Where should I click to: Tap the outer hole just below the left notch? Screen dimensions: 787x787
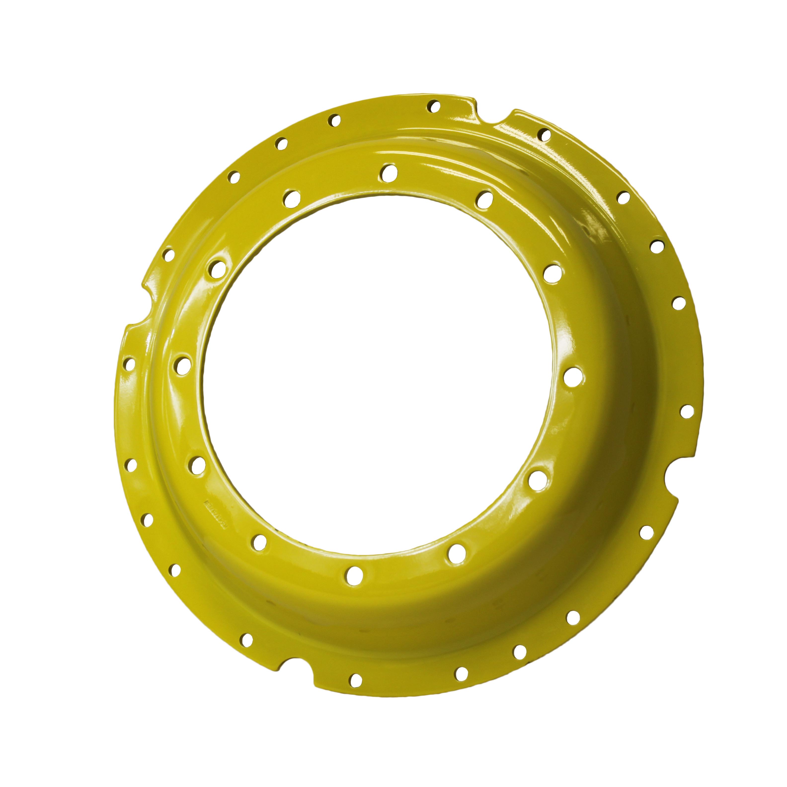click(129, 364)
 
